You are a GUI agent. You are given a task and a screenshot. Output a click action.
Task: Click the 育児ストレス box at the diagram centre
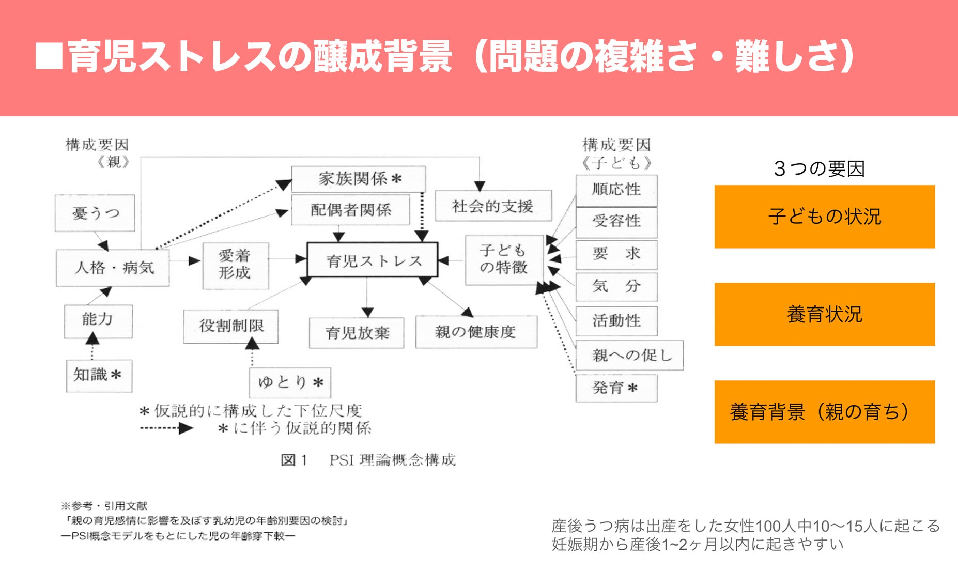[x=373, y=260]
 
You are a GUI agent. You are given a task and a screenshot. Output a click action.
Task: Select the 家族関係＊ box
[x=359, y=179]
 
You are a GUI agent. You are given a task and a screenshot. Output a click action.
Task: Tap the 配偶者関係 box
[x=351, y=209]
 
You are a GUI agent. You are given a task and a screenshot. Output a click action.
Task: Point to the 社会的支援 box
[x=493, y=206]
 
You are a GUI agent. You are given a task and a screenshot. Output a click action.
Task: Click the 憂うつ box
[x=95, y=213]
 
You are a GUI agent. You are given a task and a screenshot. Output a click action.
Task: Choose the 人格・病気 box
[x=113, y=268]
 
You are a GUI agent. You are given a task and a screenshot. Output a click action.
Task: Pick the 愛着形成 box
[x=235, y=265]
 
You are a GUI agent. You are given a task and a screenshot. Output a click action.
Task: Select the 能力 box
[x=98, y=320]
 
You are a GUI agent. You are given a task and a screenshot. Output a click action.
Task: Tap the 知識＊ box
[x=99, y=375]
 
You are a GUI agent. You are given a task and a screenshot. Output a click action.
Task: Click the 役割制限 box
[x=231, y=326]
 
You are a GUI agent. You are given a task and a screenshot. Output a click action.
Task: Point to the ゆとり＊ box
[x=290, y=382]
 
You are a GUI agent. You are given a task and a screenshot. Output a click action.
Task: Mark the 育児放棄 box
[x=357, y=333]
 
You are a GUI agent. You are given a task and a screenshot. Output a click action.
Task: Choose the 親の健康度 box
[x=476, y=332]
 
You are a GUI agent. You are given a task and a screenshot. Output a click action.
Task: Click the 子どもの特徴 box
[x=504, y=259]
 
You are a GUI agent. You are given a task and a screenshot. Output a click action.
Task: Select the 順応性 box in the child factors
[x=616, y=190]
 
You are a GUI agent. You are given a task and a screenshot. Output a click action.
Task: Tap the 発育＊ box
[x=616, y=388]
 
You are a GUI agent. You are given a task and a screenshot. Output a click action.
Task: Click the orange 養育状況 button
[x=824, y=314]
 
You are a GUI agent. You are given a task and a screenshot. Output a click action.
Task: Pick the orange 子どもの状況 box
[x=824, y=217]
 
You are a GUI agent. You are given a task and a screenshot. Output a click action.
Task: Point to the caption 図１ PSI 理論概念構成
[x=368, y=460]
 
